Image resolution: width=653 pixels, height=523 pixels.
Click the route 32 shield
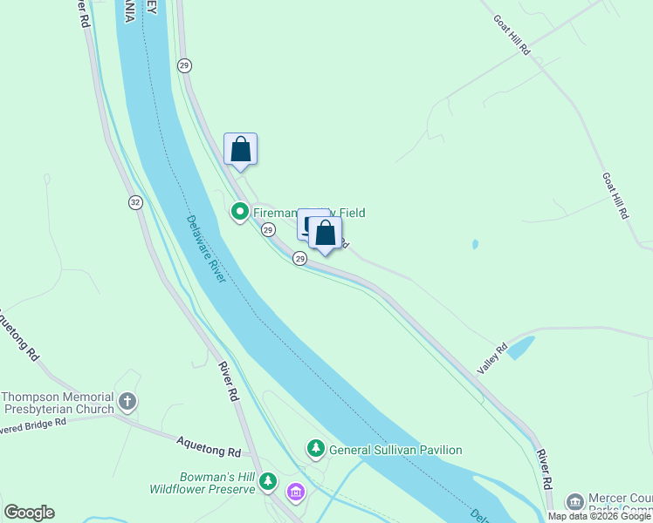pos(134,202)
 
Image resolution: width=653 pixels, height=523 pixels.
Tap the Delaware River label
pos(207,249)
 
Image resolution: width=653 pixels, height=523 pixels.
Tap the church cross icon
pos(127,402)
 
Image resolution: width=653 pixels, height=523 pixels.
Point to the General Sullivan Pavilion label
pos(395,450)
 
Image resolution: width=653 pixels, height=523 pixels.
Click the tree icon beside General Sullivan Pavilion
pos(315,449)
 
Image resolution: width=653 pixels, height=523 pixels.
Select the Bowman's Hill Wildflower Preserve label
pos(214,483)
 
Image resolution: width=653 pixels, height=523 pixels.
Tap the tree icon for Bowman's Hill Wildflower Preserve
pos(269,480)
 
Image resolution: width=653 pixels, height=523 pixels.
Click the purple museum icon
pos(296,493)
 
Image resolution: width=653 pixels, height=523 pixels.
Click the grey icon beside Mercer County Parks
pos(574,501)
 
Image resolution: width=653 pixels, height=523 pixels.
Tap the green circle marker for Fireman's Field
pos(240,212)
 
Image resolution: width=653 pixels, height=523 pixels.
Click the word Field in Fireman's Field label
pos(347,213)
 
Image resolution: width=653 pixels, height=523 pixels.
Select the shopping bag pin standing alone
pos(241,149)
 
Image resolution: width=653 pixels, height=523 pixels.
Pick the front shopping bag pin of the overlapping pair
pos(325,233)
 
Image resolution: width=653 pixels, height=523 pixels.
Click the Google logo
pos(29,513)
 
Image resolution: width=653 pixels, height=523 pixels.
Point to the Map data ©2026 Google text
pos(600,516)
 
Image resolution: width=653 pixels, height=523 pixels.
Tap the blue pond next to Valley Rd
pos(521,348)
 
